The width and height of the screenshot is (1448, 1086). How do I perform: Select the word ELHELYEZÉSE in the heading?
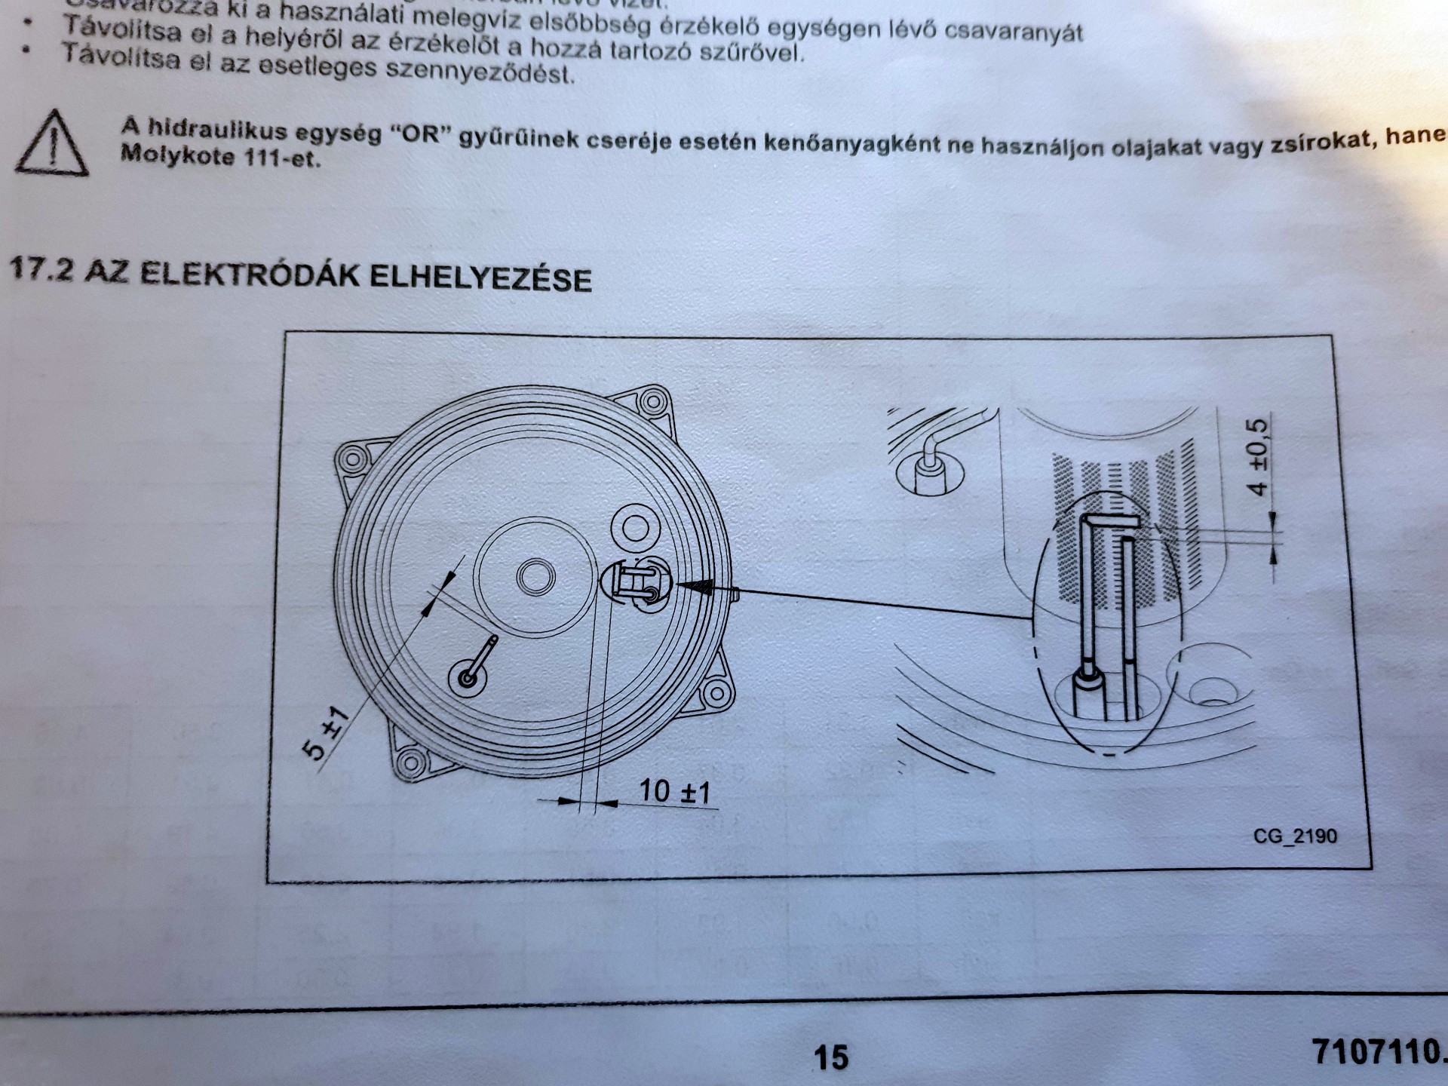[480, 278]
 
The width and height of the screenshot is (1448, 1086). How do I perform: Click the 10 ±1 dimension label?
[674, 792]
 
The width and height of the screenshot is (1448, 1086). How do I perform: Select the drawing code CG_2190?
[1294, 836]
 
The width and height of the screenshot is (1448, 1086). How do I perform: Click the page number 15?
[830, 1057]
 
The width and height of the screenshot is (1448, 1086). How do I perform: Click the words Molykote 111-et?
[220, 158]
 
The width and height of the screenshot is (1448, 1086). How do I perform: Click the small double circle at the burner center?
[536, 578]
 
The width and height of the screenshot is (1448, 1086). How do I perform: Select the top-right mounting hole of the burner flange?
[651, 399]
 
